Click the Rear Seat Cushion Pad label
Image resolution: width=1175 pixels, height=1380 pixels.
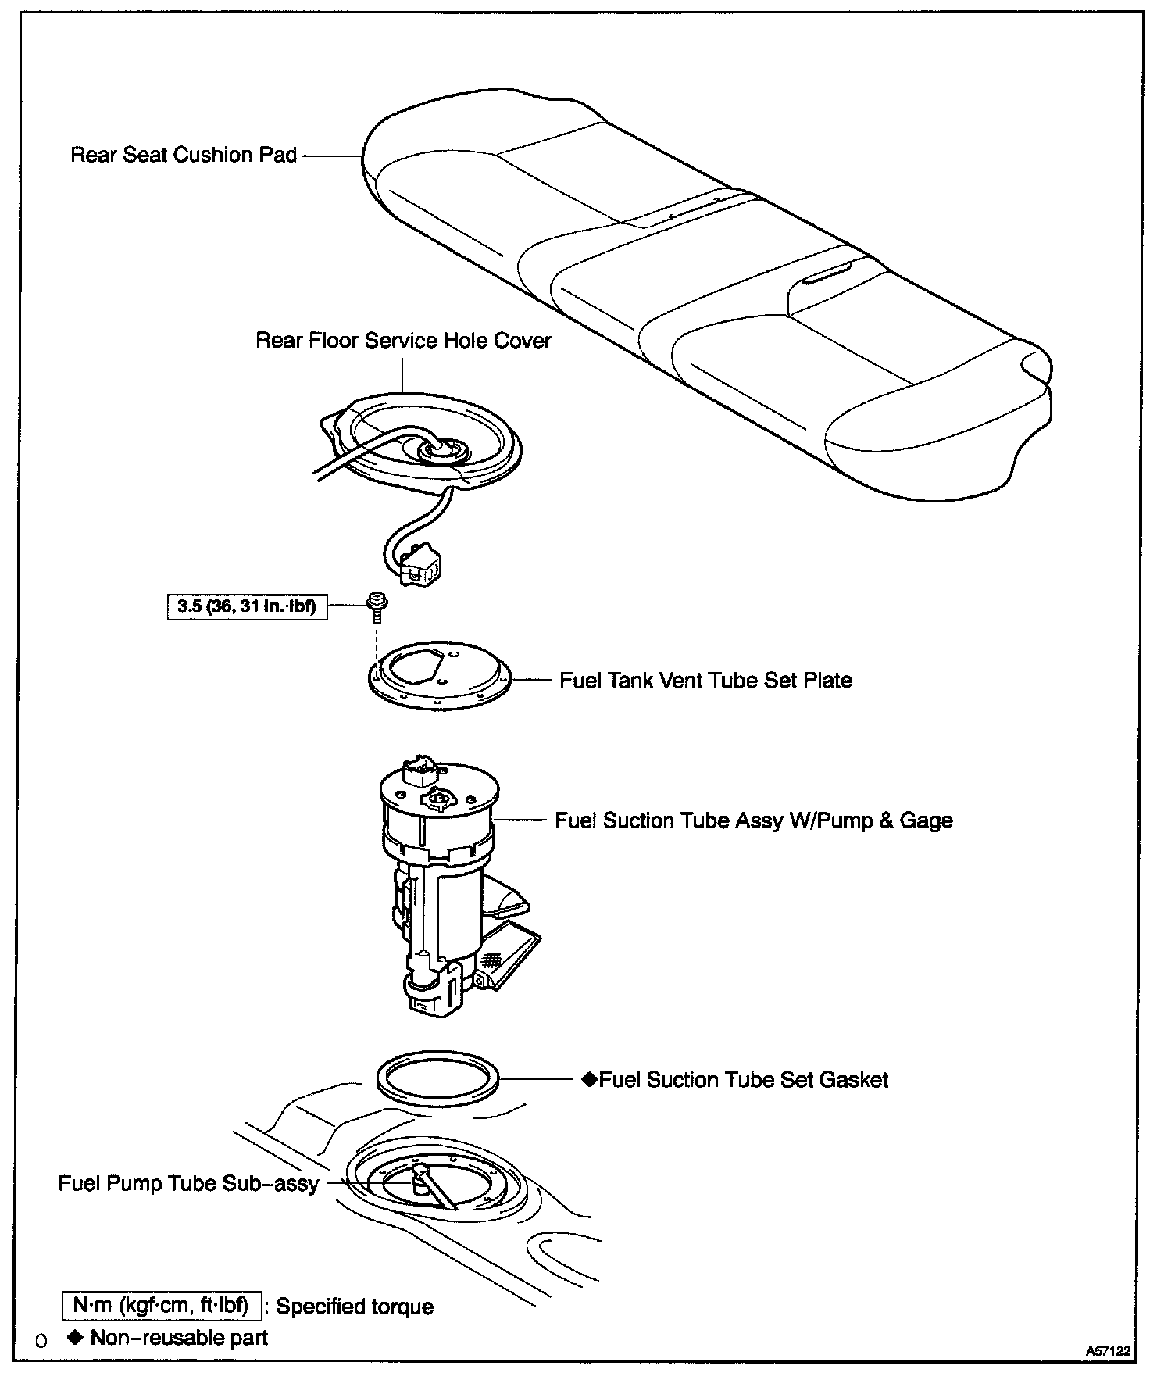pyautogui.click(x=184, y=155)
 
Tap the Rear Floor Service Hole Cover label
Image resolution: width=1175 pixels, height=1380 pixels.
pyautogui.click(x=403, y=341)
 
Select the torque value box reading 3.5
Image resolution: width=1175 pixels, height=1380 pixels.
pyautogui.click(x=247, y=606)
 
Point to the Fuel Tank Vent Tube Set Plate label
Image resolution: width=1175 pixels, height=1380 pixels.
pyautogui.click(x=705, y=680)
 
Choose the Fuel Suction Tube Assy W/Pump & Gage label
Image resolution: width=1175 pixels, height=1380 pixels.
pyautogui.click(x=753, y=820)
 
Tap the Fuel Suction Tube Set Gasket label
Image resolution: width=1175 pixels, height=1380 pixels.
pyautogui.click(x=744, y=1080)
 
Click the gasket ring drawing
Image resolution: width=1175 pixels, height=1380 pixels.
pyautogui.click(x=438, y=1080)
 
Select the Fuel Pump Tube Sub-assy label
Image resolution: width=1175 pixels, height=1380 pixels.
pyautogui.click(x=188, y=1183)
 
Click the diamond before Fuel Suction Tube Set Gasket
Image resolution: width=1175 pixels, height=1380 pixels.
pyautogui.click(x=590, y=1080)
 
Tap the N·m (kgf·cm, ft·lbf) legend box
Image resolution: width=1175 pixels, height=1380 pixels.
pyautogui.click(x=161, y=1306)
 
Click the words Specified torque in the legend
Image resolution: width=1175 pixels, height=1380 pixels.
pyautogui.click(x=355, y=1307)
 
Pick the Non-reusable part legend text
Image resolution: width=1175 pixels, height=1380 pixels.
pyautogui.click(x=179, y=1338)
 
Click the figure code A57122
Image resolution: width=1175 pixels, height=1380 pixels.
pyautogui.click(x=1109, y=1350)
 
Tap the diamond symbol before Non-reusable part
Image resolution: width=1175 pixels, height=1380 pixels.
pyautogui.click(x=76, y=1337)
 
